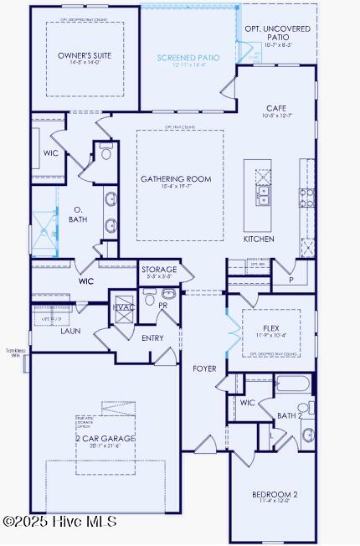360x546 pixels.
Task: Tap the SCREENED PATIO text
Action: coord(189,59)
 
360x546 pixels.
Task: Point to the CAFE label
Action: coord(276,108)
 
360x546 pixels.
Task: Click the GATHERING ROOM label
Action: coord(176,179)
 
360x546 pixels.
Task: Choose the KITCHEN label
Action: coord(259,239)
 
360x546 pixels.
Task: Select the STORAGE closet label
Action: coord(159,270)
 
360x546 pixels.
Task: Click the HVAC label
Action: coord(123,307)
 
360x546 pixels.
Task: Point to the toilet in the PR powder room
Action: coord(150,298)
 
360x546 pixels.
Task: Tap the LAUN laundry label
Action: coord(70,331)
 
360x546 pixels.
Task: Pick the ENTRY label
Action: coord(152,338)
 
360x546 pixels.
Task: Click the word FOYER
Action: coord(204,368)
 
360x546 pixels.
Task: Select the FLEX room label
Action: coord(270,328)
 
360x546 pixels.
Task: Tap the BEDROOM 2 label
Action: coord(275,495)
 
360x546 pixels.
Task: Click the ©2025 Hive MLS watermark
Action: coord(59,522)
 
